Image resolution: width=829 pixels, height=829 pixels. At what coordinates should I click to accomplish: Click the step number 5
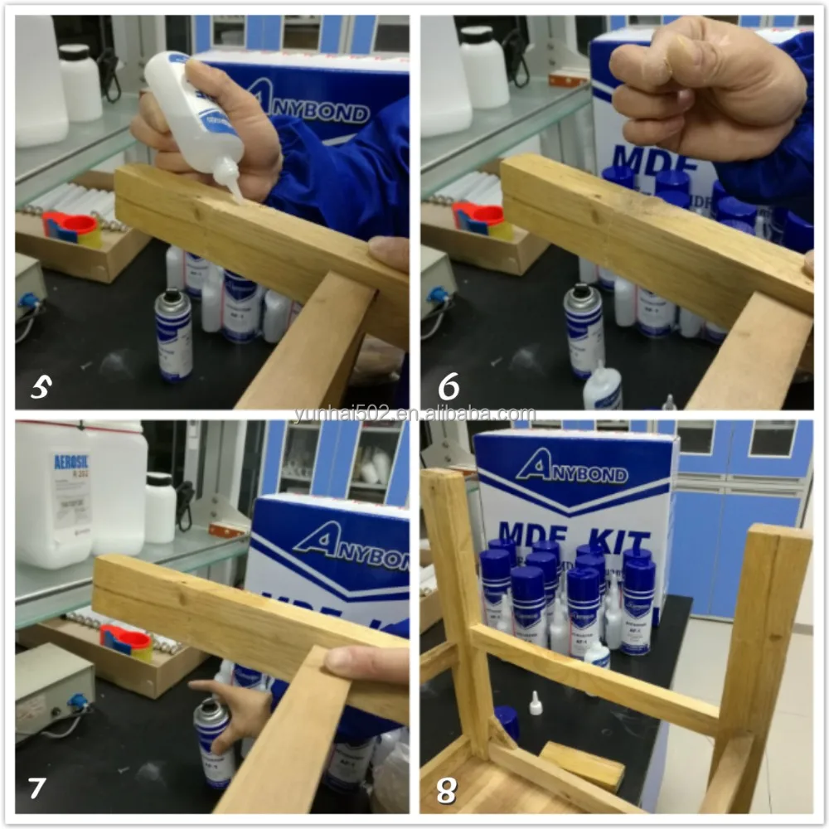coord(40,385)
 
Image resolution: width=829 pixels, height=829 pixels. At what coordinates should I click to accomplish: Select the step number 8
coord(446,790)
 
